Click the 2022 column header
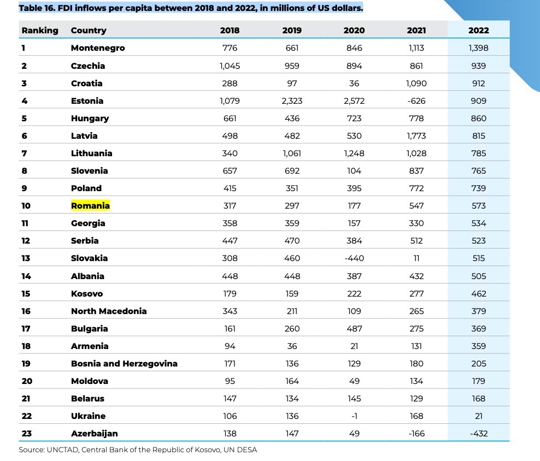(x=478, y=30)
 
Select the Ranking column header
(x=40, y=31)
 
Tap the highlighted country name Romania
(x=90, y=205)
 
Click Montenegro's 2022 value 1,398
(x=478, y=48)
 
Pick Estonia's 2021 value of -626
(x=416, y=101)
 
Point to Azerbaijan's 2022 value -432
(x=479, y=434)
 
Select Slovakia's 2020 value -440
(x=354, y=258)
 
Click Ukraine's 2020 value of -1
(x=354, y=416)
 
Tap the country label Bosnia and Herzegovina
(x=124, y=364)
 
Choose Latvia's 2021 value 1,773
(x=416, y=135)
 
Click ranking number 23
(x=27, y=434)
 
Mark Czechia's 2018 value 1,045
(x=230, y=66)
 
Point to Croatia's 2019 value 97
(x=292, y=84)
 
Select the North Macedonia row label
(x=109, y=311)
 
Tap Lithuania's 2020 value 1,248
(x=354, y=153)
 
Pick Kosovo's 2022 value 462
(x=479, y=294)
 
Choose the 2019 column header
(x=292, y=30)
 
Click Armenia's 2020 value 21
(x=354, y=346)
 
